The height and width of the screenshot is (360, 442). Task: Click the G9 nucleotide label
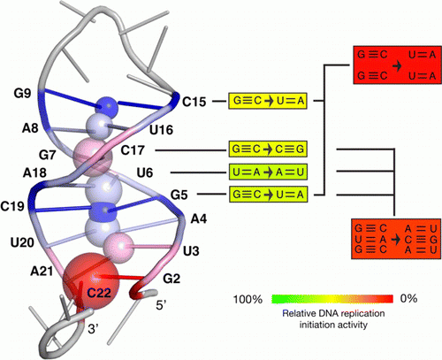[x=22, y=94]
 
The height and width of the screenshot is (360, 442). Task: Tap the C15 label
[x=194, y=102]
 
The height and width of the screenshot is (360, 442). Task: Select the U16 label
[x=161, y=130]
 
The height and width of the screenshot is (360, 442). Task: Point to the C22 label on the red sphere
[x=99, y=293]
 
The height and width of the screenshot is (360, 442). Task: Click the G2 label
[x=171, y=279]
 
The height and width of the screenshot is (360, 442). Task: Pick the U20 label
[x=22, y=242]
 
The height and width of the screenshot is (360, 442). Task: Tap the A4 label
[x=199, y=218]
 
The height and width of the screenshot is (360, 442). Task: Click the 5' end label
[x=162, y=305]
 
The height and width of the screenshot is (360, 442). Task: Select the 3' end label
[x=93, y=329]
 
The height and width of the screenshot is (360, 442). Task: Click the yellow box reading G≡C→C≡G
[x=268, y=149]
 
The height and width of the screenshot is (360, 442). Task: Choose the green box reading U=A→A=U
[x=268, y=172]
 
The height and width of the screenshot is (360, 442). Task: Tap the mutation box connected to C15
[x=268, y=101]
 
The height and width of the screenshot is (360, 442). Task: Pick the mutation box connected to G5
[x=268, y=194]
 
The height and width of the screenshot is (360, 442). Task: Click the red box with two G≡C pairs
[x=397, y=65]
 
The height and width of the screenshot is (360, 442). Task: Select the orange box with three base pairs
[x=396, y=239]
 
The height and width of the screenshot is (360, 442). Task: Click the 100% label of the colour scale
[x=248, y=300]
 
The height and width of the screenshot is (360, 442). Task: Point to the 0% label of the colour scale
[x=408, y=298]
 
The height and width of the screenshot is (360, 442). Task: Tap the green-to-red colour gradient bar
[x=332, y=299]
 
